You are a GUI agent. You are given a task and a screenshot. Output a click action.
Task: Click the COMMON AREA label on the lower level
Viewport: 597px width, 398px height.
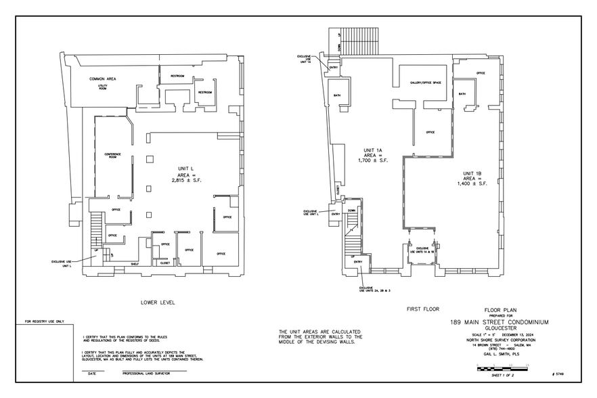coord(103,79)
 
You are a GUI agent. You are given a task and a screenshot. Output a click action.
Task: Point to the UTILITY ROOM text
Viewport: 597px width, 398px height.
coord(102,87)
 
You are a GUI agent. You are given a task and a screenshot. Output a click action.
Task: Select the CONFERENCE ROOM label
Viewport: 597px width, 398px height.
coord(112,156)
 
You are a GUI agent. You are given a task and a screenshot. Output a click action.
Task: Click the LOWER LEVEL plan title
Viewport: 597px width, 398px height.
coord(157,303)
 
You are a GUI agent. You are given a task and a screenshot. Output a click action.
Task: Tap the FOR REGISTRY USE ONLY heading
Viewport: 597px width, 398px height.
coord(44,322)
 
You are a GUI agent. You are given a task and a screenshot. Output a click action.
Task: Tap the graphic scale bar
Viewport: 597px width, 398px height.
coord(504,368)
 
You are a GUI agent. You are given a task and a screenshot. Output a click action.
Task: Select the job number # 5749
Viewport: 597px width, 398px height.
coord(559,373)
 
